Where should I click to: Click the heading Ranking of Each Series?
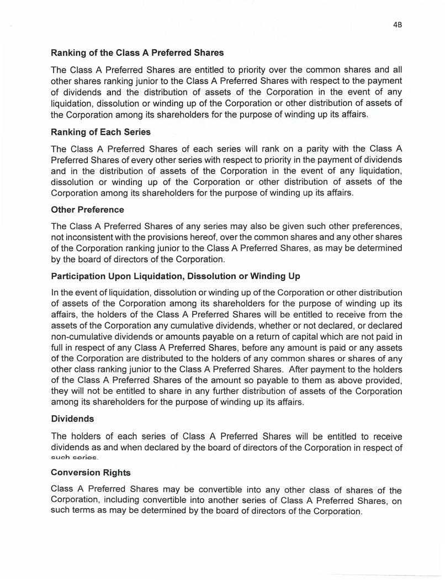[100, 132]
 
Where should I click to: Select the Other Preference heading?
[87, 210]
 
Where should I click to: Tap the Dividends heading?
[72, 419]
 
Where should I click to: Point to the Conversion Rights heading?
[91, 472]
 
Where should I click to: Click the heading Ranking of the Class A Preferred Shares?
[137, 54]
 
